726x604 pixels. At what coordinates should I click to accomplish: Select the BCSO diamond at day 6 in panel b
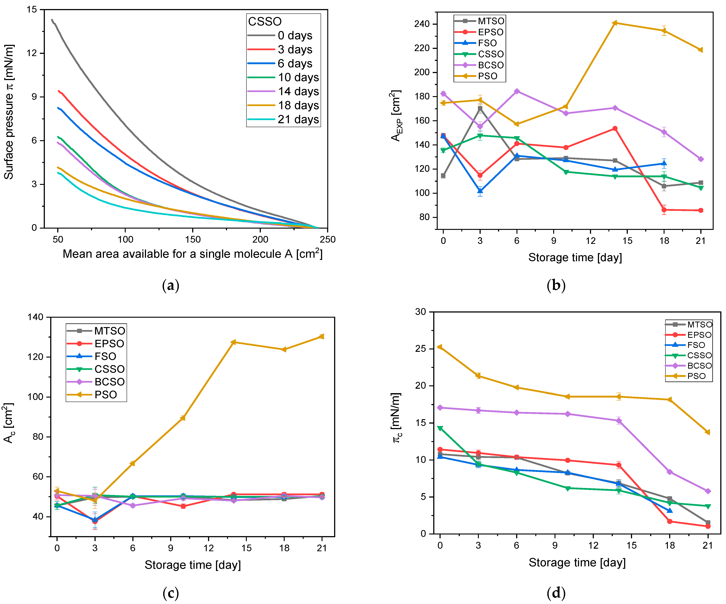point(517,91)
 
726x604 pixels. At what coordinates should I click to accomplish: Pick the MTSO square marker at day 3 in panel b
point(480,108)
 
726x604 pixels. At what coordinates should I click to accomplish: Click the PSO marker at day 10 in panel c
point(183,418)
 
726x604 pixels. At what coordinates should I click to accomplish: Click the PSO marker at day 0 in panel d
point(440,347)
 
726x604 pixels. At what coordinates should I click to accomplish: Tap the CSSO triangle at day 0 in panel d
point(440,429)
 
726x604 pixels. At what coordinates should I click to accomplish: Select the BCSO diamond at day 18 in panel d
point(670,472)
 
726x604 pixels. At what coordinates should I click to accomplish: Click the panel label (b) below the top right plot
point(556,285)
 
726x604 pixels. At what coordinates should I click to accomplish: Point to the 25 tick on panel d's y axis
point(421,349)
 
